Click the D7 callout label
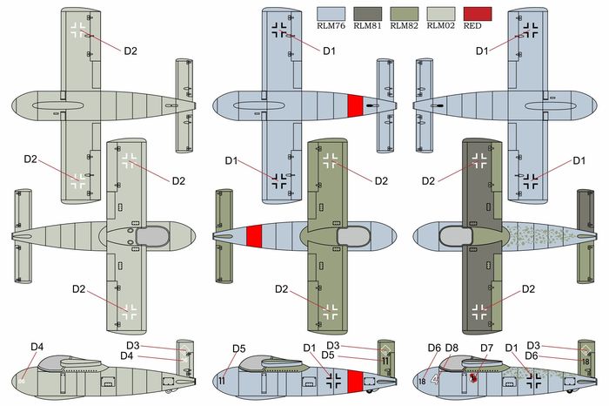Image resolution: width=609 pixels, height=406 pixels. pos(488,348)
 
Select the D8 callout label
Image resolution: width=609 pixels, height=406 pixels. pos(452,348)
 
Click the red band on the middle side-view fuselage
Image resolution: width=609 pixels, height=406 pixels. pos(355,381)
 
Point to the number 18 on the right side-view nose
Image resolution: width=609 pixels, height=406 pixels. pos(422,381)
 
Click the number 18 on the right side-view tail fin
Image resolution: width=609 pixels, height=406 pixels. pos(586,362)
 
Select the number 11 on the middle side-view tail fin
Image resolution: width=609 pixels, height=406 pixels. pos(385,362)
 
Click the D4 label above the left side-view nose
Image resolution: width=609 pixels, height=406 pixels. pos(37,348)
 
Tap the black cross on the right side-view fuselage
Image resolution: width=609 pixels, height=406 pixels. pos(533,380)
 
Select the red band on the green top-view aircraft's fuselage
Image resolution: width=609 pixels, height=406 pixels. pos(254,236)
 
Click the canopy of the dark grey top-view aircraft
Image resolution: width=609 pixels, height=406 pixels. pos(455,236)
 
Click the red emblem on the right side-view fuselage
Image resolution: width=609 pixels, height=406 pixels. pos(472,379)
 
